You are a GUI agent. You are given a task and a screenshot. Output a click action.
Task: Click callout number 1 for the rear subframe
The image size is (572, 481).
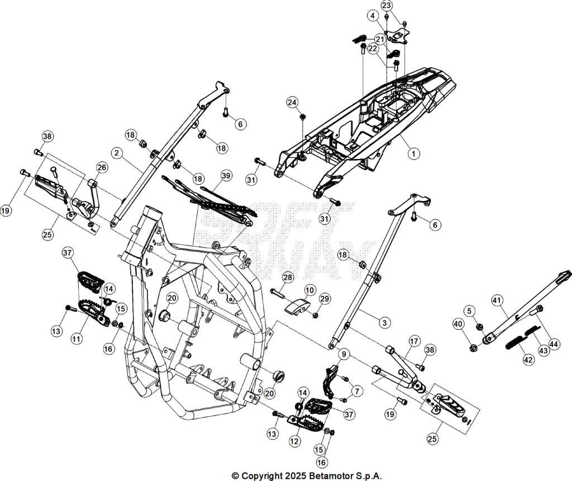(413, 154)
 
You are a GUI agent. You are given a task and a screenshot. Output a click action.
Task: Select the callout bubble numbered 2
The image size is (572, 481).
(116, 153)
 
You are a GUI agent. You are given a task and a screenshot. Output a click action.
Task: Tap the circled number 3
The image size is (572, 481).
(384, 323)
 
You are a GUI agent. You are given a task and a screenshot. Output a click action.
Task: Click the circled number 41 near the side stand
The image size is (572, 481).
(497, 301)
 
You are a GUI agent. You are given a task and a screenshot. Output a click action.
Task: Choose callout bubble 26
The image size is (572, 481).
(102, 167)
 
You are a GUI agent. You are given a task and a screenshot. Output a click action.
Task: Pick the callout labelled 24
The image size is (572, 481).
(292, 102)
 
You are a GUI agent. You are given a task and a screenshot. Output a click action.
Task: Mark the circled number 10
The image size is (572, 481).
(309, 290)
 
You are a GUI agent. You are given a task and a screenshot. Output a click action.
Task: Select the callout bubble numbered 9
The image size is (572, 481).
(344, 353)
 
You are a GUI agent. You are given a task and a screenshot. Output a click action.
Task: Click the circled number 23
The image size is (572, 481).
(387, 6)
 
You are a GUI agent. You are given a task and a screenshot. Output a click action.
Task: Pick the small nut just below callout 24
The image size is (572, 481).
(303, 117)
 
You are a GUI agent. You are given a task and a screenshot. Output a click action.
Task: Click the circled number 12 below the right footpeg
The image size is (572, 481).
(294, 441)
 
